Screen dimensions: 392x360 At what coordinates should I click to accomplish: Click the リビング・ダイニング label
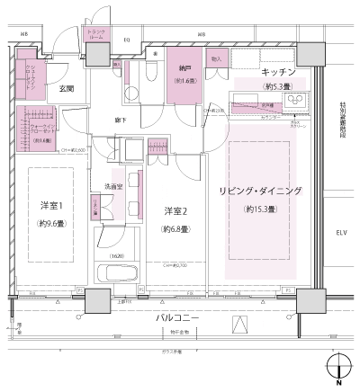(261, 192)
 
